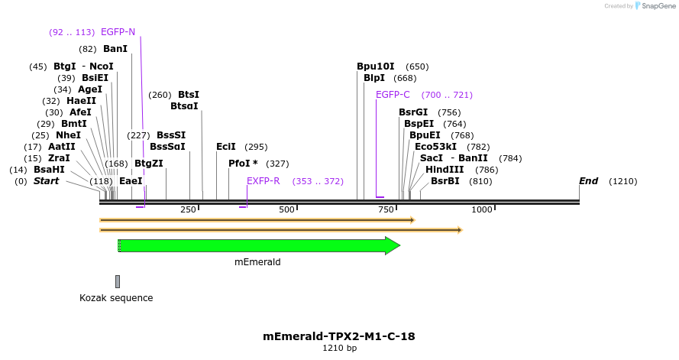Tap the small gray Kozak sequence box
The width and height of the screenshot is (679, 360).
pyautogui.click(x=118, y=281)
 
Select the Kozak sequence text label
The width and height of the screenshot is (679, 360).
pyautogui.click(x=116, y=298)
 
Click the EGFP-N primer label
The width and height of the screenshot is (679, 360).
pyautogui.click(x=118, y=32)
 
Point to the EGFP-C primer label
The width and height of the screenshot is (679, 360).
pyautogui.click(x=393, y=95)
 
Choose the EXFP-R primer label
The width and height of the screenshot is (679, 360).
pyautogui.click(x=263, y=181)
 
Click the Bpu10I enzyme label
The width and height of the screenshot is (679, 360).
pyautogui.click(x=376, y=66)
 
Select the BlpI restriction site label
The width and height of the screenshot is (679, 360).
pyautogui.click(x=374, y=78)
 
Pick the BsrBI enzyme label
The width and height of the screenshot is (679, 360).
pyautogui.click(x=445, y=181)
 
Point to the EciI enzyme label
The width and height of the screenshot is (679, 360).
pyautogui.click(x=226, y=147)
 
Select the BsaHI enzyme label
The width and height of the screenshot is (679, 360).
pyautogui.click(x=49, y=170)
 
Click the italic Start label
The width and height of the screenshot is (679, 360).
pyautogui.click(x=46, y=181)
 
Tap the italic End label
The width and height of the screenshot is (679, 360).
pyautogui.click(x=588, y=181)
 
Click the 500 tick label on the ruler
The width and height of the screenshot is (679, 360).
pyautogui.click(x=286, y=209)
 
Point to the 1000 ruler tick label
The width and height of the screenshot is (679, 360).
pyautogui.click(x=482, y=209)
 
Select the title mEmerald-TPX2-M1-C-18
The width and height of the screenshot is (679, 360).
pyautogui.click(x=339, y=336)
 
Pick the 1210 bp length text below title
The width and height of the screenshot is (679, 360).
pyautogui.click(x=339, y=349)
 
